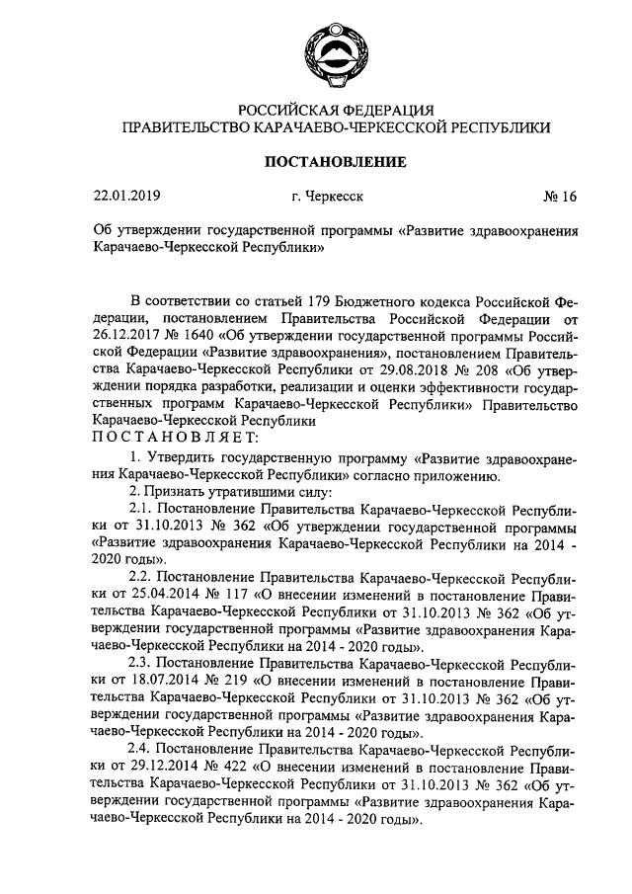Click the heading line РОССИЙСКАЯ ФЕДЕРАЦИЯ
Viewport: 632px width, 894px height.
click(x=336, y=109)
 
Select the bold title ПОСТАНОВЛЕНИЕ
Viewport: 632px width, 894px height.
click(x=335, y=161)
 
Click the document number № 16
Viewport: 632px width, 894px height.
click(x=559, y=197)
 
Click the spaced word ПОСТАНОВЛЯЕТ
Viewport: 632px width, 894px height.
click(x=175, y=436)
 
